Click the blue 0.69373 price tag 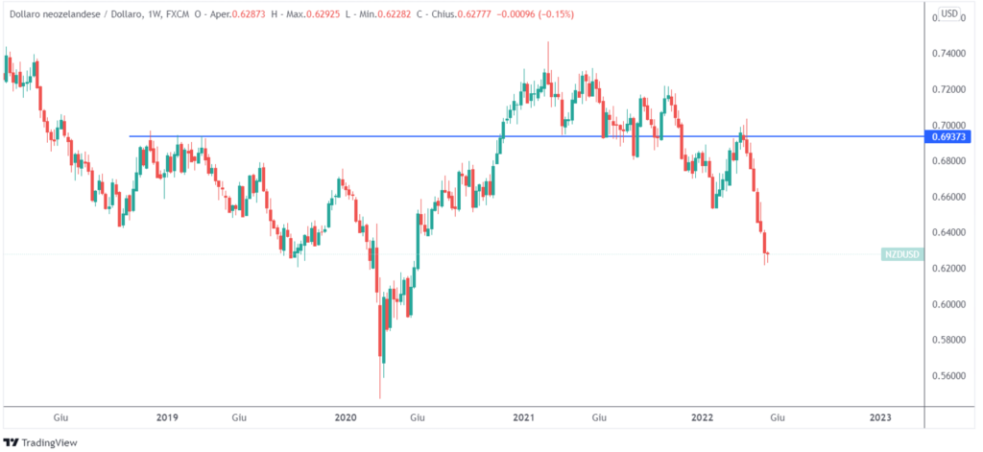point(949,137)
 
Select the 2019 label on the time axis point(167,417)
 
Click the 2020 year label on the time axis point(346,417)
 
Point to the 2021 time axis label point(523,417)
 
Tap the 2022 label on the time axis point(702,417)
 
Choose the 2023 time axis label point(880,417)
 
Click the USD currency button point(948,13)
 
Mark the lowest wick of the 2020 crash point(380,398)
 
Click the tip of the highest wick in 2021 point(548,42)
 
